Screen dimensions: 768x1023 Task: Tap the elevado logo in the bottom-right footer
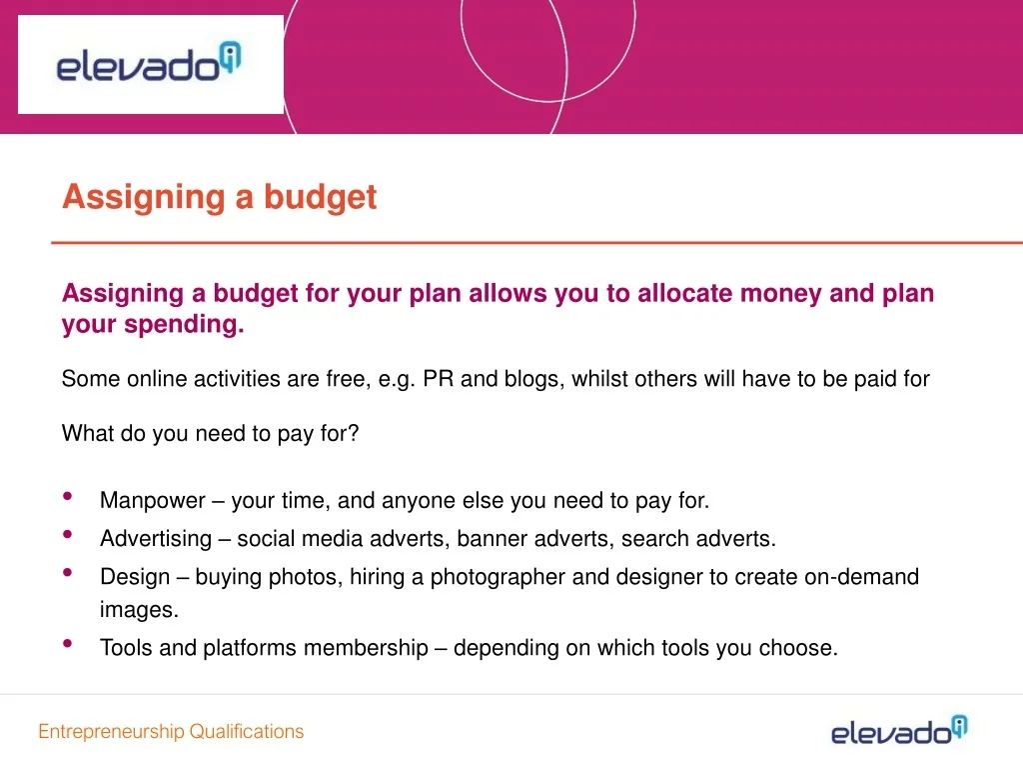point(899,731)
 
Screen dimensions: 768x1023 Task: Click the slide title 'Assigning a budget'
point(219,197)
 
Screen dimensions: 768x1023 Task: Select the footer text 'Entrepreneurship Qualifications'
point(171,731)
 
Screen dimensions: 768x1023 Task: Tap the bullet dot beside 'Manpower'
point(67,497)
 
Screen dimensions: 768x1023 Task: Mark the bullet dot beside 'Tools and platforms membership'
point(67,644)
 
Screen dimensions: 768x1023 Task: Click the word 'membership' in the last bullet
point(365,648)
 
